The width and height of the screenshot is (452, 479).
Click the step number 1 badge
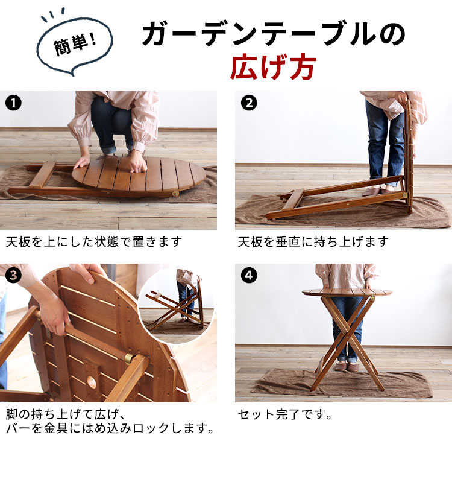click(x=13, y=103)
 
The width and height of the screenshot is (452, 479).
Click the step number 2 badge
click(x=249, y=103)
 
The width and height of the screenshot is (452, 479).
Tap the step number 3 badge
click(x=13, y=275)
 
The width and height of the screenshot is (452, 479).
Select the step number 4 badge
click(x=249, y=275)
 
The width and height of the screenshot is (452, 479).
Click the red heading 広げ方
click(x=272, y=67)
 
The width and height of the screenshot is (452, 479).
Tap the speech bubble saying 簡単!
click(x=75, y=46)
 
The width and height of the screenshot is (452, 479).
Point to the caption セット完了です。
click(x=284, y=414)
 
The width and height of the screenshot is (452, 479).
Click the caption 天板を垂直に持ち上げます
click(x=313, y=242)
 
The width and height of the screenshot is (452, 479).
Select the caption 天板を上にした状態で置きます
click(x=94, y=242)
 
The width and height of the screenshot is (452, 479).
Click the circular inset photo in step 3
click(x=176, y=305)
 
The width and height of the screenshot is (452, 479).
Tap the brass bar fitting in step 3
click(x=129, y=358)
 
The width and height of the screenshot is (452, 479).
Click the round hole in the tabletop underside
click(x=91, y=381)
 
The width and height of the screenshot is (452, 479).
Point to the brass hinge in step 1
click(x=175, y=194)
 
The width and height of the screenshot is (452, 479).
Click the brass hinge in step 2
click(x=404, y=195)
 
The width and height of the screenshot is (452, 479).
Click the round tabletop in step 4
click(x=347, y=293)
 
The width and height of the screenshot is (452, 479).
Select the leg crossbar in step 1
click(x=42, y=174)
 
